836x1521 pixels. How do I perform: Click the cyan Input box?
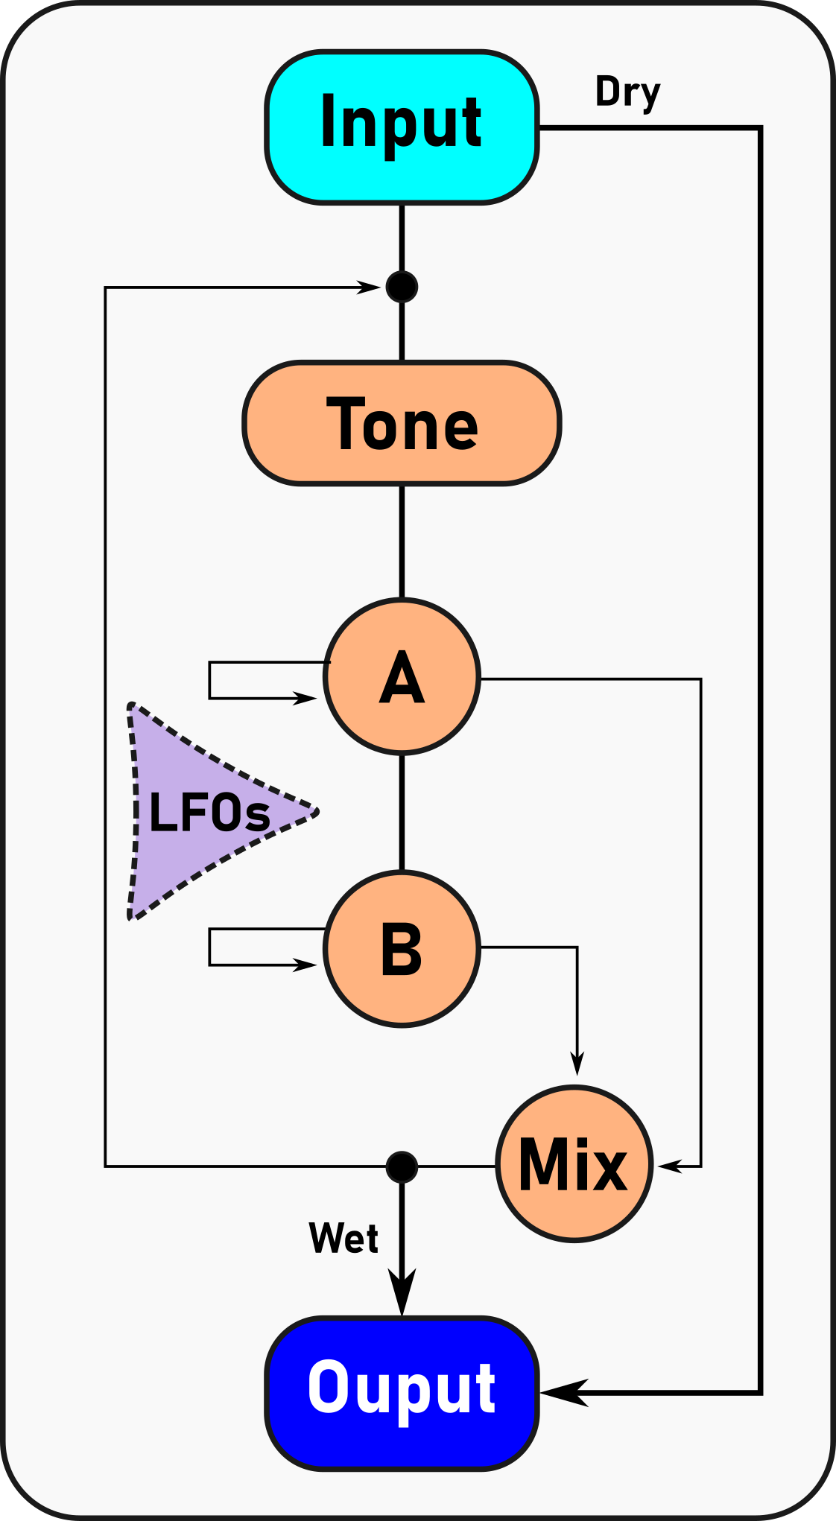point(402,127)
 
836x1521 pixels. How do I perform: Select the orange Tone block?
point(402,423)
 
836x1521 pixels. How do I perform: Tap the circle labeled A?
point(402,676)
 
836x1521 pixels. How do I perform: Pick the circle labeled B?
point(402,948)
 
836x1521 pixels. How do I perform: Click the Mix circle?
point(574,1164)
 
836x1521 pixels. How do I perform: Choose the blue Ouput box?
point(402,1394)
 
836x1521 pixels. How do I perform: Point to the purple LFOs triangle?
point(201,812)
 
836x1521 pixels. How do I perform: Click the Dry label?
point(627,93)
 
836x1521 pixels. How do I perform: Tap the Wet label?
point(343,1239)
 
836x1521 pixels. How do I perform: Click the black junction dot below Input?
point(402,287)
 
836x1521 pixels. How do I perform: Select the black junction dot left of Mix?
point(402,1166)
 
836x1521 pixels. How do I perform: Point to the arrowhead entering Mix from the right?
point(669,1166)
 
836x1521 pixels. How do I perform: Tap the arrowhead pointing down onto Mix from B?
point(577,1063)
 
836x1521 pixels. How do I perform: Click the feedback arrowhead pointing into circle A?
point(305,698)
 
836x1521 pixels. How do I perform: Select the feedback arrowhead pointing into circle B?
point(305,965)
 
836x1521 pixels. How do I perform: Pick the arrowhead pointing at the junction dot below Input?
point(369,288)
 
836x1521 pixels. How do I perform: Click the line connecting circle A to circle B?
point(402,812)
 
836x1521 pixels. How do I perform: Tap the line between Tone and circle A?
point(402,542)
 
